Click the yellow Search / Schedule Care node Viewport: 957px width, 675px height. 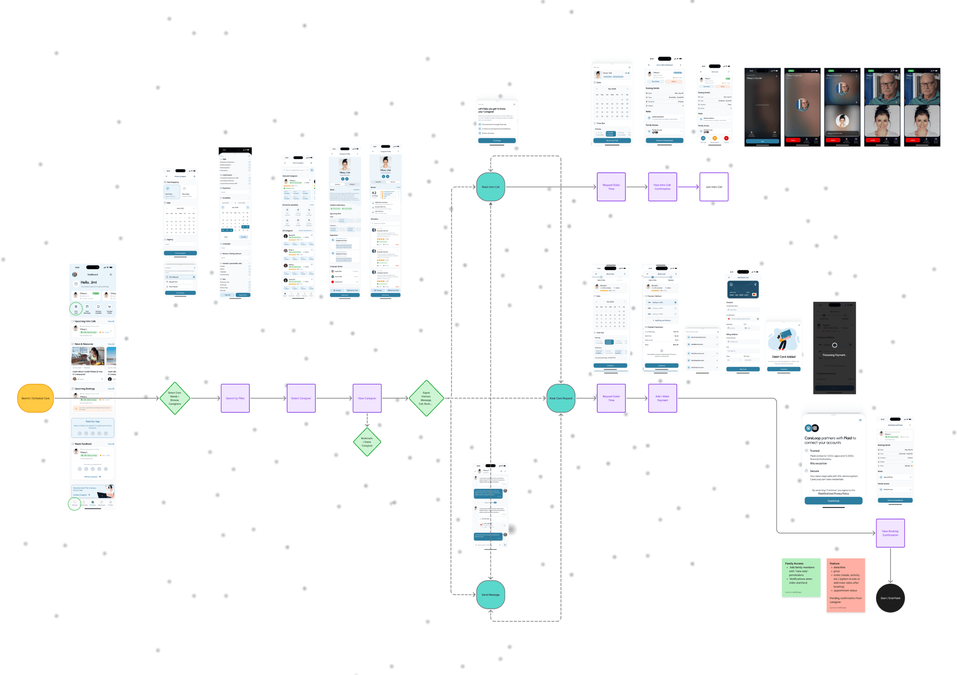[x=35, y=398]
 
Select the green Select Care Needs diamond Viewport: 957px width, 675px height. [x=175, y=398]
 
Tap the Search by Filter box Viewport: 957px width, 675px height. [x=235, y=398]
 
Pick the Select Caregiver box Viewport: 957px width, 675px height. [x=301, y=398]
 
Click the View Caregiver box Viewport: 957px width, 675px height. [x=367, y=398]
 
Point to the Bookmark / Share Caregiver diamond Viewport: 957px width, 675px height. [x=367, y=442]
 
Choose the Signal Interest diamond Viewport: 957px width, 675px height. [x=426, y=398]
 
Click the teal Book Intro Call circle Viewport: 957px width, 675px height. [x=490, y=187]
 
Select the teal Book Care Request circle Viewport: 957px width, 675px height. [x=560, y=398]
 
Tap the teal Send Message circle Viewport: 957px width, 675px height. [x=490, y=595]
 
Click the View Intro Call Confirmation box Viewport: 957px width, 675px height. [x=662, y=187]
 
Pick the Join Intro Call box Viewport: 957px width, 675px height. [x=714, y=187]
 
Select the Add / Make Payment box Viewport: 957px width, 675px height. [x=662, y=398]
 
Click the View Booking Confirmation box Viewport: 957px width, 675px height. [x=890, y=533]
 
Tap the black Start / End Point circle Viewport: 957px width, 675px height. [x=890, y=598]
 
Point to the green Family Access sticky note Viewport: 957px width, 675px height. [x=801, y=577]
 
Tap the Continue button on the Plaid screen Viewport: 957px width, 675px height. [x=833, y=501]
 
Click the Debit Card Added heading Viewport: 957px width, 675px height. [x=784, y=357]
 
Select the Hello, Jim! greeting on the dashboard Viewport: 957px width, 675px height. [x=89, y=282]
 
